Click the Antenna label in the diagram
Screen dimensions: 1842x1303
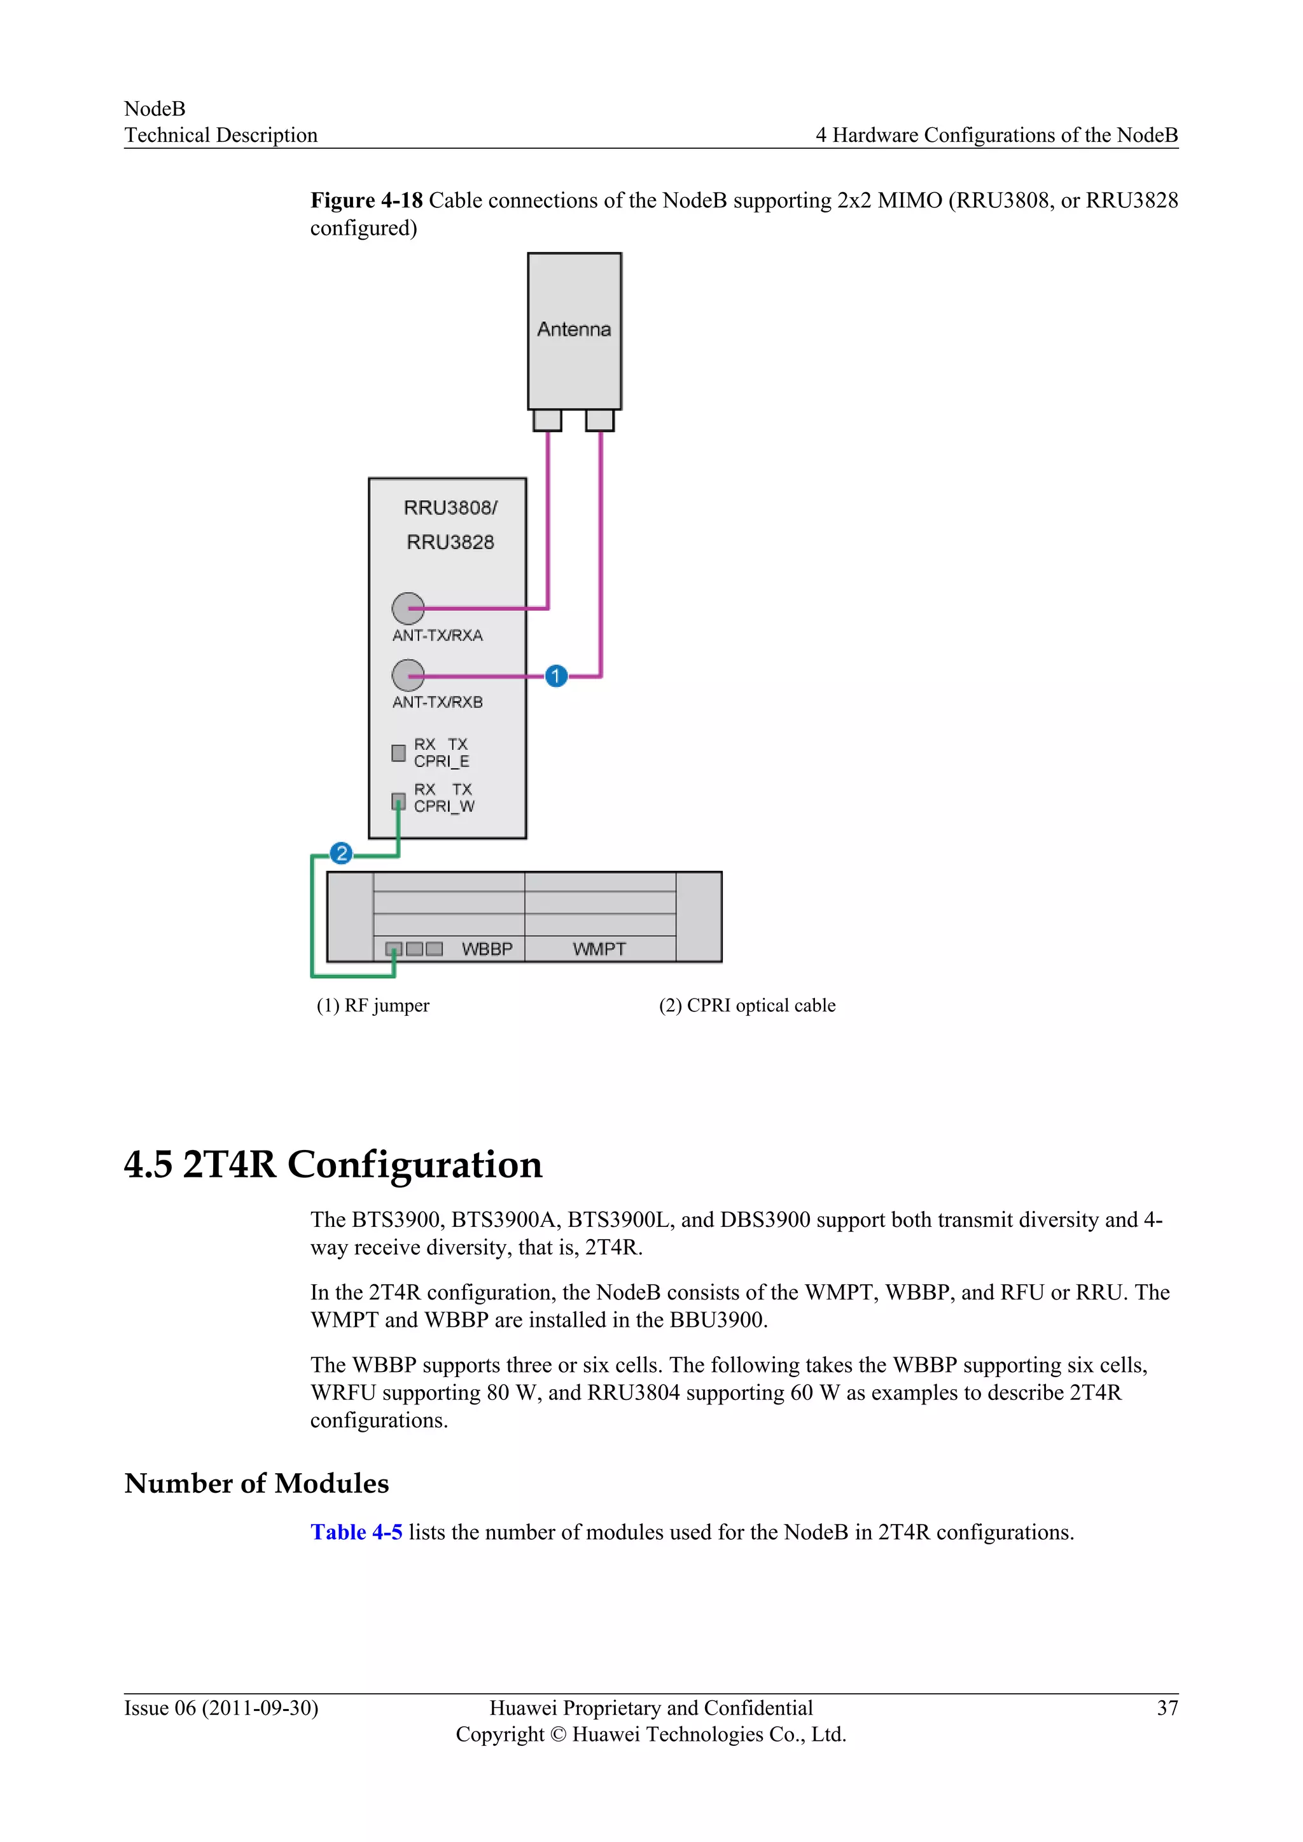pyautogui.click(x=574, y=329)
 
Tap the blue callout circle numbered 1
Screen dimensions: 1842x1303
pyautogui.click(x=556, y=676)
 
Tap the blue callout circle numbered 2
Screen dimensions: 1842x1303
pyautogui.click(x=342, y=853)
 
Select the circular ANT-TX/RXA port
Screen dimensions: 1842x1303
pyautogui.click(x=408, y=608)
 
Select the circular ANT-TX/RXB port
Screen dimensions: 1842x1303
pyautogui.click(x=408, y=675)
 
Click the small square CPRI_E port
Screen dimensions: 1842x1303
pyautogui.click(x=398, y=752)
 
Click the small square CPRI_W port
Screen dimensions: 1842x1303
pyautogui.click(x=398, y=801)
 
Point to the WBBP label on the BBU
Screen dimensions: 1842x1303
pyautogui.click(x=487, y=949)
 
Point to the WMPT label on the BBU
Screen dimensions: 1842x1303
pyautogui.click(x=599, y=949)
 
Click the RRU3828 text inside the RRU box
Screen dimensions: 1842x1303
pyautogui.click(x=450, y=543)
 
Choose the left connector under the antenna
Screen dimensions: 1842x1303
pyautogui.click(x=547, y=420)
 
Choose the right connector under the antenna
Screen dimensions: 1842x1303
pyautogui.click(x=600, y=420)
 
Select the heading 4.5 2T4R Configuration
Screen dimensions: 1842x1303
pyautogui.click(x=333, y=1164)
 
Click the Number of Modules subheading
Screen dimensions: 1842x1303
pyautogui.click(x=257, y=1483)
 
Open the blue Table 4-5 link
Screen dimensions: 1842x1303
pyautogui.click(x=356, y=1532)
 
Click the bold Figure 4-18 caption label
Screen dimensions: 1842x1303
pyautogui.click(x=366, y=200)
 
